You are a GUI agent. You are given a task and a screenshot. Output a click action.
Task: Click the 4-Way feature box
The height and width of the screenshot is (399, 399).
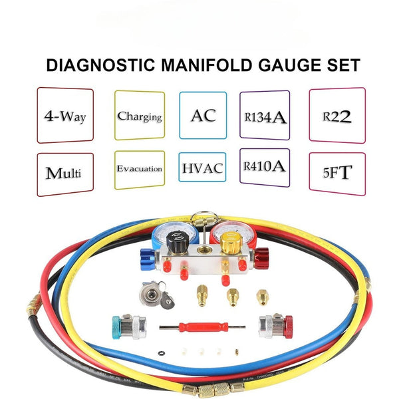point(65,116)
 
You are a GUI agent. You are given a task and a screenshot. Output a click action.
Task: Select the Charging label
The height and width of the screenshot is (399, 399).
point(139,116)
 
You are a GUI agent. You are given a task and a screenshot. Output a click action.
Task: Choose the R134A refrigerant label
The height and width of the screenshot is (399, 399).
point(264,116)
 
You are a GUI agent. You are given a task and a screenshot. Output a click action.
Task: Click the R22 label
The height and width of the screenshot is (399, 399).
point(336,115)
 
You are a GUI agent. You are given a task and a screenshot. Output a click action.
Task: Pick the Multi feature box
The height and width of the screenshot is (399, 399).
point(65,174)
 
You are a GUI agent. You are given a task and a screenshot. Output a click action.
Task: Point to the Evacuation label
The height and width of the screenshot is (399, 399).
point(139,170)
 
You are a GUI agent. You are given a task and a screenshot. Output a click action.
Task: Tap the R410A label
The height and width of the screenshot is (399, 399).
point(264,167)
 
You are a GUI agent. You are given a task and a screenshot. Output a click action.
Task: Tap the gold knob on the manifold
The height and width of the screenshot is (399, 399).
point(231,246)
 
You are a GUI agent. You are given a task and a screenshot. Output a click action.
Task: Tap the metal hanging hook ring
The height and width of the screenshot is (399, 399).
point(199,220)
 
